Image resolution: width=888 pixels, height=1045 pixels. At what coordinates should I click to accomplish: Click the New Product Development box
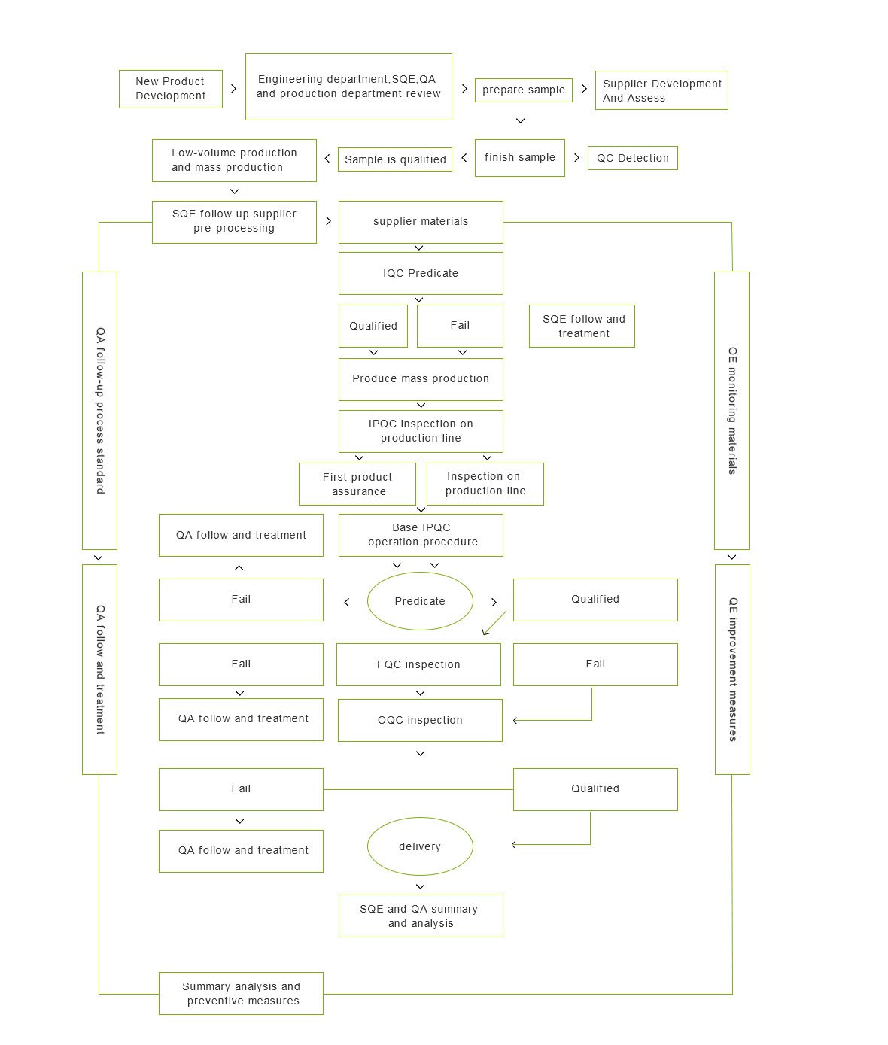pyautogui.click(x=170, y=89)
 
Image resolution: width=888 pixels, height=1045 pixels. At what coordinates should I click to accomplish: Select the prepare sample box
pyautogui.click(x=523, y=90)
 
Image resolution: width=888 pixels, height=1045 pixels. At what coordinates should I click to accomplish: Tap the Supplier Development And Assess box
pyautogui.click(x=661, y=90)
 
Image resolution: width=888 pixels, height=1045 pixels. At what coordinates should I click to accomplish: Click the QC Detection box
pyautogui.click(x=632, y=158)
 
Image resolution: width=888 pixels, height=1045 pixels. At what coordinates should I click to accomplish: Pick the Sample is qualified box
pyautogui.click(x=394, y=159)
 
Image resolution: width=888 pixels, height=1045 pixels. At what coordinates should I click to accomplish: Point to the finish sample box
pyautogui.click(x=519, y=158)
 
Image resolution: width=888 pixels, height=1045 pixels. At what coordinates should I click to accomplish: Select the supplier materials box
pyautogui.click(x=420, y=222)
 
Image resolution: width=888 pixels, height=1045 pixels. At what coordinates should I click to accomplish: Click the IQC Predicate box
pyautogui.click(x=420, y=273)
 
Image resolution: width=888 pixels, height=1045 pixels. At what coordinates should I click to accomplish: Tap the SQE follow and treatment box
pyautogui.click(x=582, y=326)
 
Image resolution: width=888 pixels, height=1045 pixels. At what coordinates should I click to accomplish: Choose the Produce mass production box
pyautogui.click(x=420, y=379)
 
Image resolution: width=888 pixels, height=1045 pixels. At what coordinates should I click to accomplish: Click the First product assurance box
pyautogui.click(x=357, y=484)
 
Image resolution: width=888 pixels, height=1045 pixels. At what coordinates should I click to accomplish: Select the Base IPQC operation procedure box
pyautogui.click(x=420, y=535)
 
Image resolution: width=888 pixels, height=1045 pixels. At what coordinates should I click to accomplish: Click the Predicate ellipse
pyautogui.click(x=419, y=601)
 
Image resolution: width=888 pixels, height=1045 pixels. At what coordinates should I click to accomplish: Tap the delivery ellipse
pyautogui.click(x=419, y=846)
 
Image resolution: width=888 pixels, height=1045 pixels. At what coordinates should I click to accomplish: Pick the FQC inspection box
pyautogui.click(x=418, y=664)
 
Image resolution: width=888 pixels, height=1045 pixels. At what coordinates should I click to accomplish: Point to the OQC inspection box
pyautogui.click(x=419, y=720)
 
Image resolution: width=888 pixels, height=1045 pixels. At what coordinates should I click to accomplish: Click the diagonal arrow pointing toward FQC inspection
pyautogui.click(x=494, y=623)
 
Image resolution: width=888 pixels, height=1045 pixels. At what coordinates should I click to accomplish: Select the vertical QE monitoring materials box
pyautogui.click(x=731, y=410)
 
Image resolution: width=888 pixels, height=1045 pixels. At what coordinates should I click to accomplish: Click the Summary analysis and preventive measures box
pyautogui.click(x=241, y=993)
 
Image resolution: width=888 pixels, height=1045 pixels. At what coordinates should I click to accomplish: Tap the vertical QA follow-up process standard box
pyautogui.click(x=99, y=410)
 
